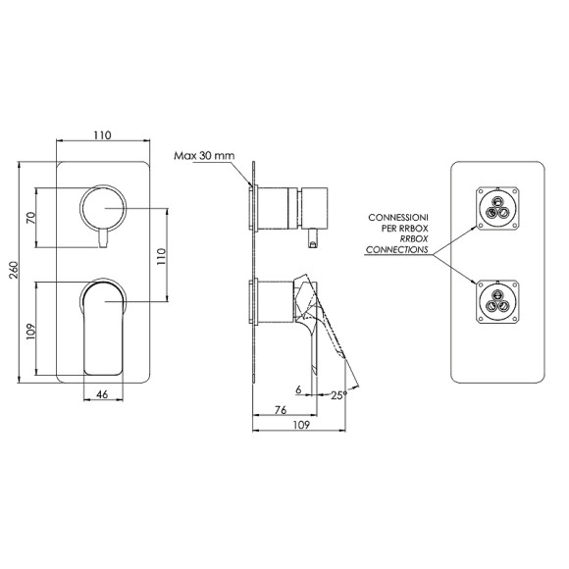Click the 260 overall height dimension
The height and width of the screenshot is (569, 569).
pyautogui.click(x=14, y=270)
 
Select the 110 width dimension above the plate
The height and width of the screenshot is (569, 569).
pyautogui.click(x=102, y=135)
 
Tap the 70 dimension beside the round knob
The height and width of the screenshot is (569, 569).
pyautogui.click(x=31, y=218)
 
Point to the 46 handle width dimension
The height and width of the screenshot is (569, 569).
pyautogui.click(x=103, y=394)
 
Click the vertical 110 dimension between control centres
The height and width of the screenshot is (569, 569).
pyautogui.click(x=161, y=256)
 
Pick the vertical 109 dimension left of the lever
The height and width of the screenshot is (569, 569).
pyautogui.click(x=31, y=332)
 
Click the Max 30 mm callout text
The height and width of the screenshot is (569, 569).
pyautogui.click(x=204, y=156)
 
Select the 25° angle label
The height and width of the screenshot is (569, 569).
pyautogui.click(x=338, y=395)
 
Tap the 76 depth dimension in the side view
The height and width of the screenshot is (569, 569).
pyautogui.click(x=281, y=410)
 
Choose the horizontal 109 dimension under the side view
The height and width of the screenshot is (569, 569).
pyautogui.click(x=301, y=425)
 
